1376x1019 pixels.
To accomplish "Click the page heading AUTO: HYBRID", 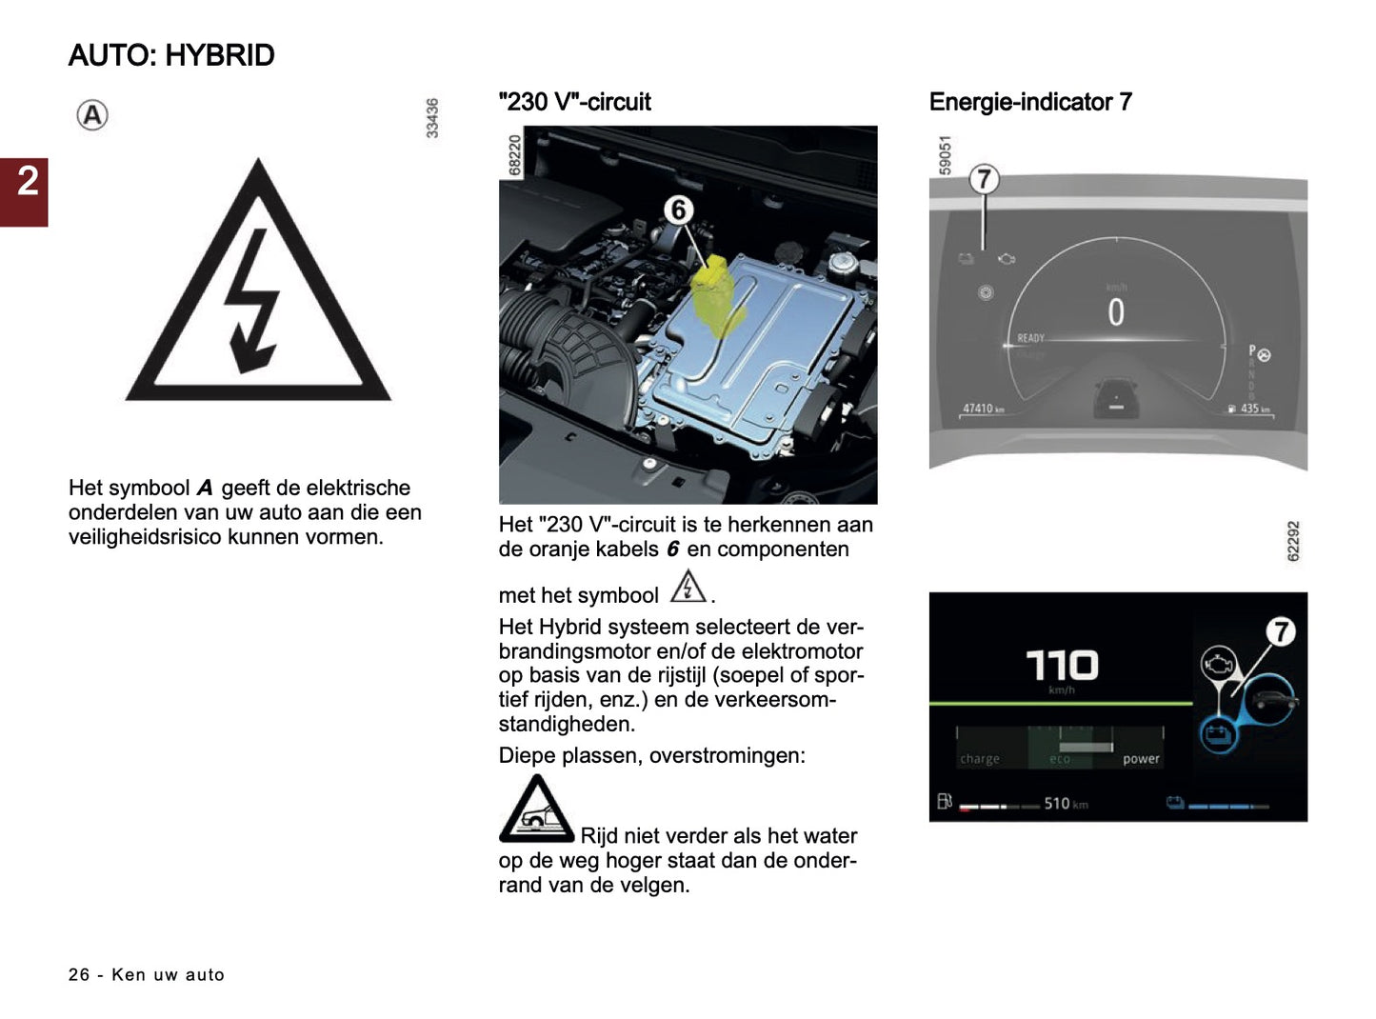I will [x=171, y=55].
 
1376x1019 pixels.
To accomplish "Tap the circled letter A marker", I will [x=92, y=116].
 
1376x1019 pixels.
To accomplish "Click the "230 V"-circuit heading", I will [x=574, y=102].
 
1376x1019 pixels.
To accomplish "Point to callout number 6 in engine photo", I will [x=678, y=210].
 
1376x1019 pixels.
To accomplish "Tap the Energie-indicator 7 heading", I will [x=1029, y=102].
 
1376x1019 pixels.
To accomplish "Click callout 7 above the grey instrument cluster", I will [x=984, y=180].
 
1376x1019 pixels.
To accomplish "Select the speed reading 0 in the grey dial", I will [x=1115, y=312].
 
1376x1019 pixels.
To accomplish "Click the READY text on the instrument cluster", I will [x=1030, y=338].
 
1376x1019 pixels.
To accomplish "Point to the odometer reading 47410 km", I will [x=983, y=409].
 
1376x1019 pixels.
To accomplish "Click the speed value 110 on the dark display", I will [x=1062, y=666].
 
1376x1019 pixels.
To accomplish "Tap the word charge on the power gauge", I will [x=980, y=759].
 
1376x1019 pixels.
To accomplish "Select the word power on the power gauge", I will [x=1141, y=759].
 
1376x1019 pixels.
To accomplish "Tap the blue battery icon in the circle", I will [x=1218, y=734].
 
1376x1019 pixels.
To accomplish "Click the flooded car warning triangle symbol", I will [x=536, y=810].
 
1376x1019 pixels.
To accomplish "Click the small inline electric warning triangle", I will [x=688, y=587].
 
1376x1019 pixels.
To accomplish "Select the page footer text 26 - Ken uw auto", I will [x=147, y=974].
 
